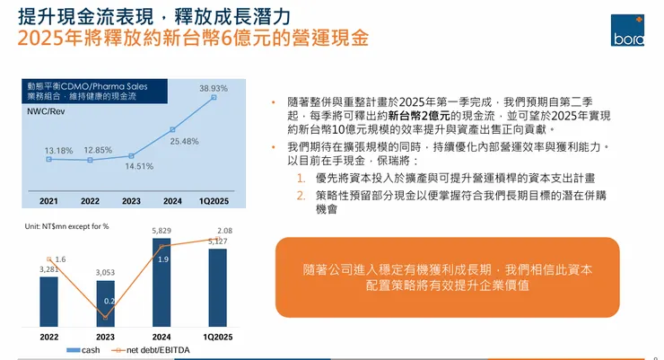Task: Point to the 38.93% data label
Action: (214, 88)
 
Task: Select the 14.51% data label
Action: (139, 166)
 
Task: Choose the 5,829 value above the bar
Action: (162, 232)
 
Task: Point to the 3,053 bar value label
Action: (105, 272)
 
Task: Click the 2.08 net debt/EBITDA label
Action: (224, 231)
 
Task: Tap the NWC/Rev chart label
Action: (44, 111)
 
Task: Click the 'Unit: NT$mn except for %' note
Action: (66, 225)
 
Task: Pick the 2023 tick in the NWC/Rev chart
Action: (131, 201)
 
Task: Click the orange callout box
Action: (446, 277)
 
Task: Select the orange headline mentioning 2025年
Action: (193, 40)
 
